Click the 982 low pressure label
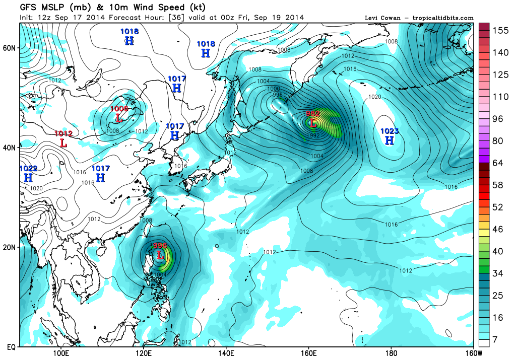[313, 114]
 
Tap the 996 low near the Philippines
[160, 246]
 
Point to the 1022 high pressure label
[28, 169]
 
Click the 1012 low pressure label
[64, 134]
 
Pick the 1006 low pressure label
[119, 109]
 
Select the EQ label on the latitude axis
[10, 347]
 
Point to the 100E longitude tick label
[61, 353]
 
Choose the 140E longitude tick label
[226, 353]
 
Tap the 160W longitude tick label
[473, 353]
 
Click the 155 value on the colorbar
[500, 31]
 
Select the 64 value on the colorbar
[498, 163]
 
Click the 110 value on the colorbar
[500, 97]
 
